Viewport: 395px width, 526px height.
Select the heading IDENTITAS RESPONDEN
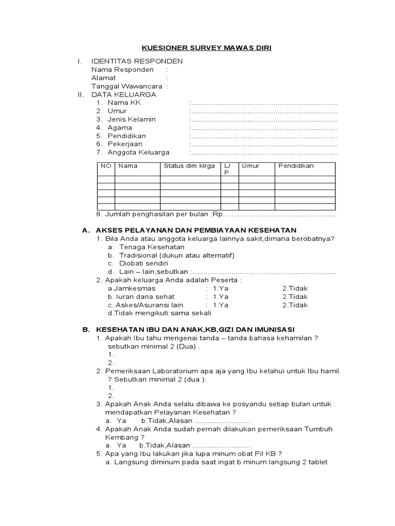(x=136, y=61)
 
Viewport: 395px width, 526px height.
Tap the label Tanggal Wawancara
(x=127, y=86)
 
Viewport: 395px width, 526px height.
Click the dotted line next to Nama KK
(x=263, y=103)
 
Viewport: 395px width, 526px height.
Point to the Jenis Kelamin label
(x=131, y=119)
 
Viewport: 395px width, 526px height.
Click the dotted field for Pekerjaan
(x=263, y=144)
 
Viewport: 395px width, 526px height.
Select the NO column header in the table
(x=106, y=166)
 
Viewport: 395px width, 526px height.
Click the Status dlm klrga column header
(x=189, y=166)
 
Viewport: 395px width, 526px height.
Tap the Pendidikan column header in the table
(x=296, y=166)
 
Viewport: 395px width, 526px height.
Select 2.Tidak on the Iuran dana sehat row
(x=295, y=296)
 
